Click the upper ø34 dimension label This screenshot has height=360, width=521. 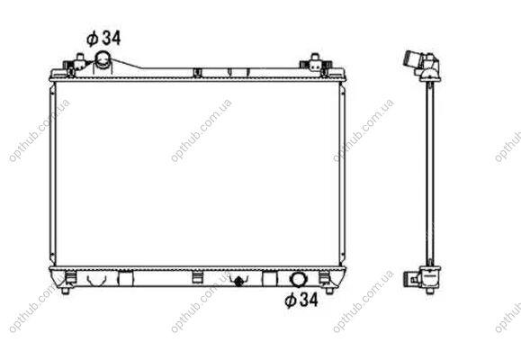103,38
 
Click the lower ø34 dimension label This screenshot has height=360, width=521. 301,301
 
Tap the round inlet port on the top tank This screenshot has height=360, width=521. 103,59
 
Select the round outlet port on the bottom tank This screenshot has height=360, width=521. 298,279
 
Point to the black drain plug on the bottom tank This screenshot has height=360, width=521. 238,281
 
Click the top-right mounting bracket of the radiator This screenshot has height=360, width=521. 316,64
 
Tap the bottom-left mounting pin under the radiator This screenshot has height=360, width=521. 66,291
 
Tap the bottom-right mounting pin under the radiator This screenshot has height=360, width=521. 329,291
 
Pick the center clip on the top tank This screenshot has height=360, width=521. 197,73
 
